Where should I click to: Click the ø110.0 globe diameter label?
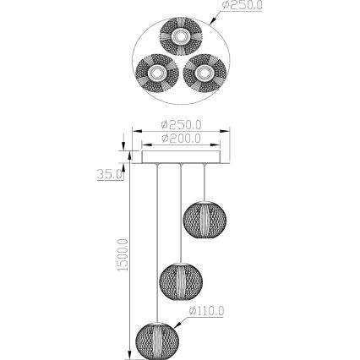206,311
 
